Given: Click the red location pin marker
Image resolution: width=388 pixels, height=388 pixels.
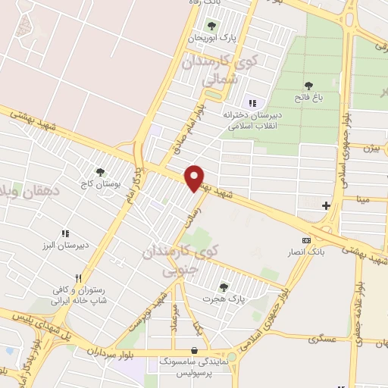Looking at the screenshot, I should [x=195, y=178].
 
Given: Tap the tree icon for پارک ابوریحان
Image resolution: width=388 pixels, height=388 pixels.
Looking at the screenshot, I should [x=211, y=26].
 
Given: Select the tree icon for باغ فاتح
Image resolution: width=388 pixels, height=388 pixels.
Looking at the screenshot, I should [x=308, y=86].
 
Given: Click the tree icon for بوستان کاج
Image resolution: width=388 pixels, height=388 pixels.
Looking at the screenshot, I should [x=100, y=172].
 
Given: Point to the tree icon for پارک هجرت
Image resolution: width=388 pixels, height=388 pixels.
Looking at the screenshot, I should [x=224, y=287].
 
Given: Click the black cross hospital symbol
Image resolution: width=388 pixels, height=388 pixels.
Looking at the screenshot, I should [x=326, y=205].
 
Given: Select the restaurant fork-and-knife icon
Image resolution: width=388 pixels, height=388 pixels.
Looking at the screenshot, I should [x=77, y=278].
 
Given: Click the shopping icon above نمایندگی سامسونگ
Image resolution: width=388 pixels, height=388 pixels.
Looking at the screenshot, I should [x=196, y=350].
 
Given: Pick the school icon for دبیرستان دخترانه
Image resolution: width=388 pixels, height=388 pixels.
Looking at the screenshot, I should [x=252, y=103].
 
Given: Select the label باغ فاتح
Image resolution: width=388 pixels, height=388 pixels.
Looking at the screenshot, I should [x=308, y=98].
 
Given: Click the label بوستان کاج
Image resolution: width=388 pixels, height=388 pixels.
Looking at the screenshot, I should [x=99, y=184].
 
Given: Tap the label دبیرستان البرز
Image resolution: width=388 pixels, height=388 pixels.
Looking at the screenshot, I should [x=65, y=246].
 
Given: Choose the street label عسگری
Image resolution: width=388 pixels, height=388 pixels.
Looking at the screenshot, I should [x=324, y=339].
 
